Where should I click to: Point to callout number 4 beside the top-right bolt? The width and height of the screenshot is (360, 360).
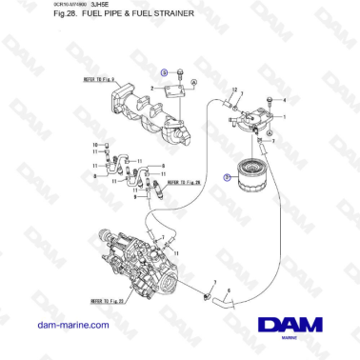pyautogui.click(x=271, y=101)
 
